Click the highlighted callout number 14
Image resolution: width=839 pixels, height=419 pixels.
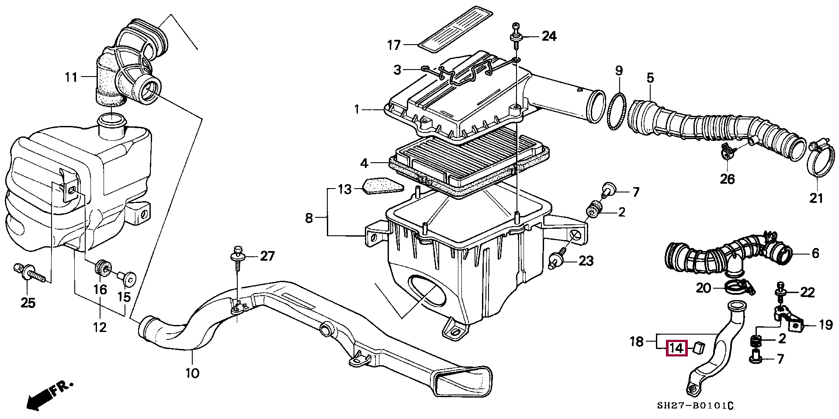point(676,349)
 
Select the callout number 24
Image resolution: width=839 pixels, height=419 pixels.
point(549,36)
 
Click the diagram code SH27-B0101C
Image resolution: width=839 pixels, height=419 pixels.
point(695,406)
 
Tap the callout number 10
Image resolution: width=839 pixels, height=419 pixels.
point(192,373)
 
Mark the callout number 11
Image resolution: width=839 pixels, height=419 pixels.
point(71,78)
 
